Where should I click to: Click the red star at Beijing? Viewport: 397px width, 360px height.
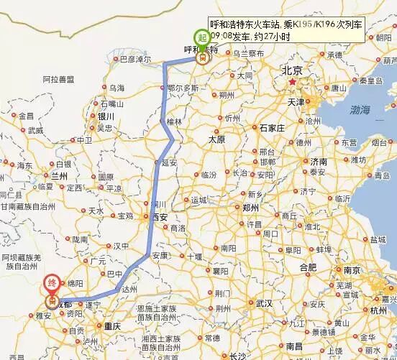293,83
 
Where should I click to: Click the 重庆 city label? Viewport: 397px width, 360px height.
111,325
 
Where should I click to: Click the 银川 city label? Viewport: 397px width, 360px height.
106,116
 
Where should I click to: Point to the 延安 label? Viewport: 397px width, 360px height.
170,162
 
